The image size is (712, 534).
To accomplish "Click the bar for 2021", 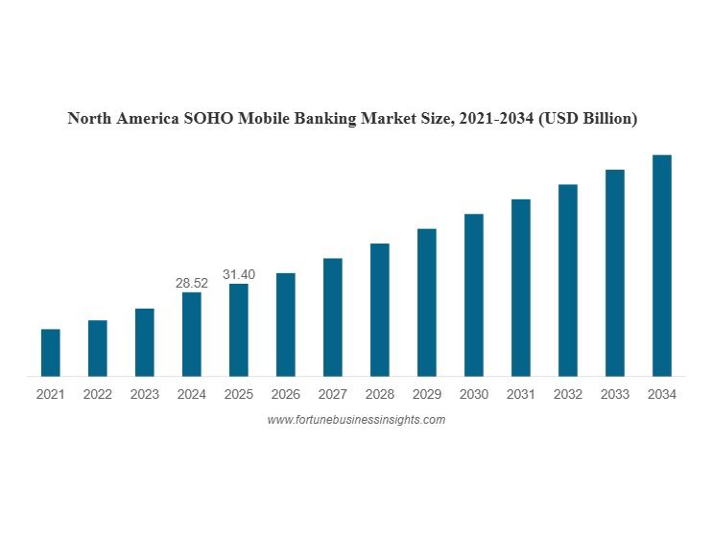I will [51, 353].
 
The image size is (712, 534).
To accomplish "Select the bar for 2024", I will [192, 334].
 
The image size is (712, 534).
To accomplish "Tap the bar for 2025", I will [239, 330].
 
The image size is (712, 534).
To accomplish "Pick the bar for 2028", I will [380, 310].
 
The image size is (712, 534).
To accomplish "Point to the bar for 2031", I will [521, 288].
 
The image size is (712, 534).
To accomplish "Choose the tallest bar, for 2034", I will [661, 266].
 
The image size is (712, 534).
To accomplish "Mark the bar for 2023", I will [145, 342].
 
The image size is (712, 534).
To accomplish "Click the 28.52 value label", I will [192, 283].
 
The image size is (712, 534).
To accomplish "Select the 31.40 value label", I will [239, 274].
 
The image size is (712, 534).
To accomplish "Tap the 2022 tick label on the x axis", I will [98, 394].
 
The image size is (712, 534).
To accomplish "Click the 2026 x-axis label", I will [286, 394].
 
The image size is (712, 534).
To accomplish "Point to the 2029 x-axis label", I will [427, 394].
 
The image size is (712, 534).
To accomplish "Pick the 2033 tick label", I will [614, 394].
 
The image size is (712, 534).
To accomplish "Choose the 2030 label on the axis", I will [474, 394].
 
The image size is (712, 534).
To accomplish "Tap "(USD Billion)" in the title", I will [587, 119].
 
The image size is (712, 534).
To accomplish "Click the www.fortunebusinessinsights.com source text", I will [356, 420].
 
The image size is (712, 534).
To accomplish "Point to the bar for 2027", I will [333, 317].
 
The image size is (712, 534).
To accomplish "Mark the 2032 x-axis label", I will [567, 394].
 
